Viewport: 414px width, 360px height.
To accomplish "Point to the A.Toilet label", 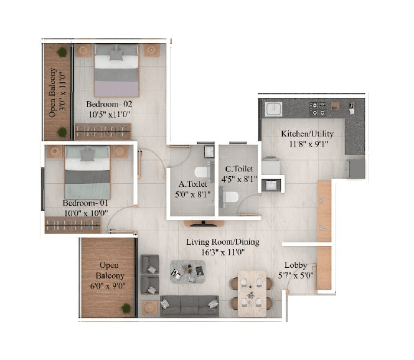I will click(x=188, y=183).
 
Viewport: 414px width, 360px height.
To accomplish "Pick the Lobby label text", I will click(x=295, y=265).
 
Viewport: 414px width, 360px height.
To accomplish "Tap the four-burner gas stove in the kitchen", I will click(x=318, y=108).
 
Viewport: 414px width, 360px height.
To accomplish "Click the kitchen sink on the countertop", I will click(x=274, y=110).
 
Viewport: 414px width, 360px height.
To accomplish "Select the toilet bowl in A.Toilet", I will click(x=201, y=173).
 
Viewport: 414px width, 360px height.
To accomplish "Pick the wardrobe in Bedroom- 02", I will click(x=102, y=131).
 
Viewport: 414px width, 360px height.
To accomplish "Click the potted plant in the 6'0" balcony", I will click(x=126, y=307).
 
